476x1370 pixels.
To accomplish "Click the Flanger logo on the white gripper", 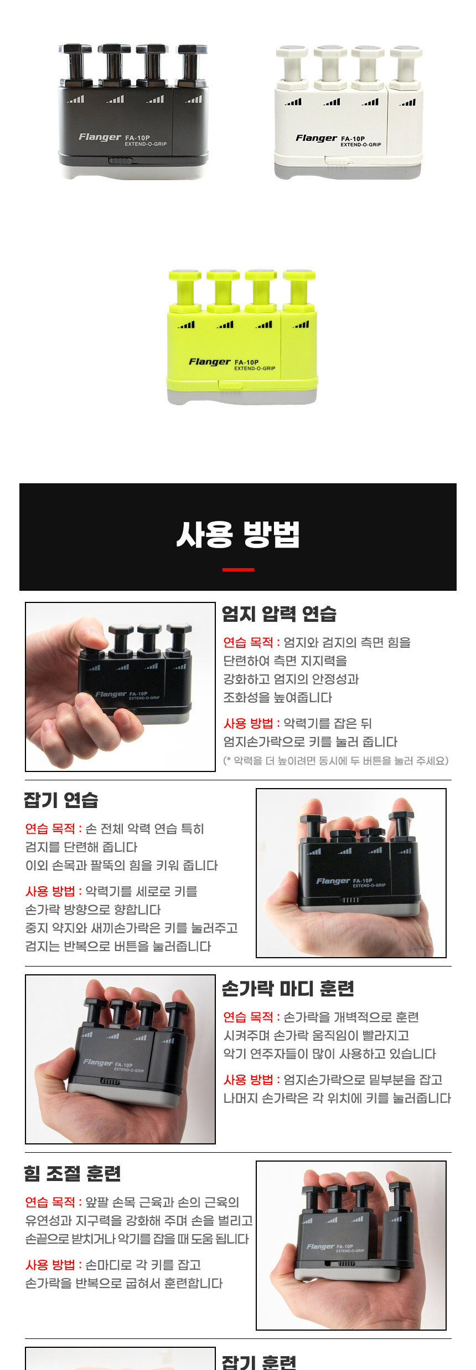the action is (x=316, y=138).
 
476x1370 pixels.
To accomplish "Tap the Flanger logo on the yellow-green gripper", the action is (x=209, y=362).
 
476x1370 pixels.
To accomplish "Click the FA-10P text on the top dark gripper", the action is (x=137, y=138).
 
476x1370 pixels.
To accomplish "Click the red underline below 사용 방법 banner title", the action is (x=238, y=569).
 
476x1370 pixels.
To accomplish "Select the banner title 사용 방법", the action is (x=238, y=534).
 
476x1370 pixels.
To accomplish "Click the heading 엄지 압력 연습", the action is (x=279, y=614).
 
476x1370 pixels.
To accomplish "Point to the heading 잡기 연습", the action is (x=61, y=800).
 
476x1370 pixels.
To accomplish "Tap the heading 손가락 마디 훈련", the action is (x=288, y=988).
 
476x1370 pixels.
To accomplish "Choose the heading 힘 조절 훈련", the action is (x=73, y=1173).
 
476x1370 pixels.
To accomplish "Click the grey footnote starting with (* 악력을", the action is (x=336, y=760).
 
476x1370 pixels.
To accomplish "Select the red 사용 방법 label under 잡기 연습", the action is (x=50, y=891).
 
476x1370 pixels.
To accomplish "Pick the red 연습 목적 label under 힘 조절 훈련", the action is (x=50, y=1202).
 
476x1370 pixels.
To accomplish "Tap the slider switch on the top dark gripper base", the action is (x=121, y=161).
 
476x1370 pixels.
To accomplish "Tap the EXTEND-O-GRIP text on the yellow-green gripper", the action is (x=255, y=369).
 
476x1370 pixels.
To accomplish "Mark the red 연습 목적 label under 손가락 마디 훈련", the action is (x=249, y=1017).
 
